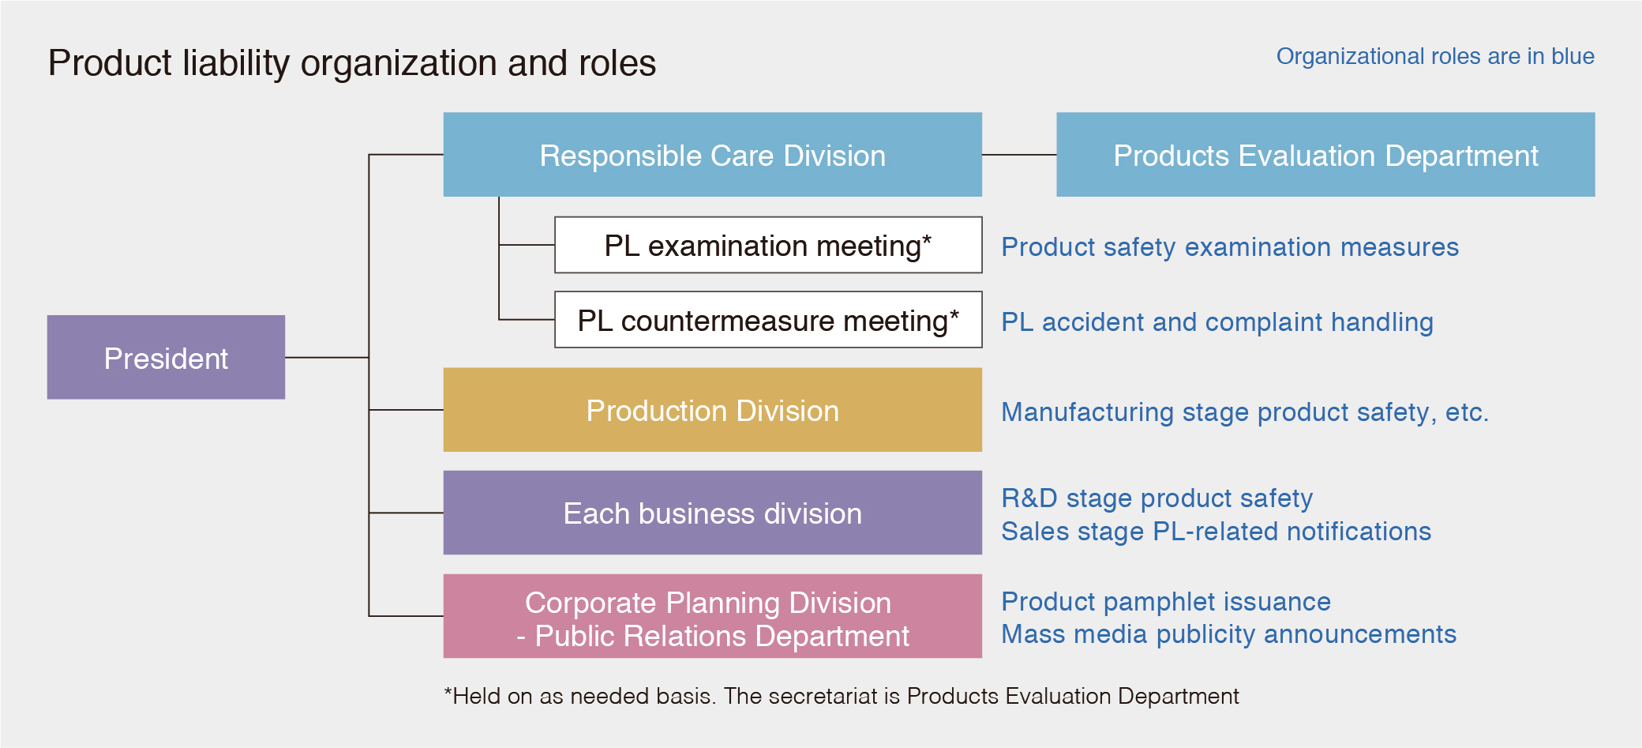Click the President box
tap(166, 357)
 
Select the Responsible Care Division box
tap(712, 154)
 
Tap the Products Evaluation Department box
tap(1325, 154)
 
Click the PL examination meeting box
tap(768, 245)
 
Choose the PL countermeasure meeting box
tap(768, 319)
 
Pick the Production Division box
tap(712, 409)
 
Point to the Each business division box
tap(712, 513)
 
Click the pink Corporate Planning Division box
tap(712, 616)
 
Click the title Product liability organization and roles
tap(352, 63)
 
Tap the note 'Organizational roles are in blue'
tap(1435, 56)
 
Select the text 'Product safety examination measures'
tap(1230, 247)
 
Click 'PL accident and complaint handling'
tap(1217, 322)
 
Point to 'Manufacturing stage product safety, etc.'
tap(1245, 412)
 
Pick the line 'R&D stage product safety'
tap(1157, 498)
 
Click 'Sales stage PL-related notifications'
tap(1217, 532)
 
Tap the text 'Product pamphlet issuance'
tap(1166, 602)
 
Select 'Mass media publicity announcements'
tap(1229, 634)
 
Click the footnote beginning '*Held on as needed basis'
tap(842, 696)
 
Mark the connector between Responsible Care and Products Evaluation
tap(1019, 155)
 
